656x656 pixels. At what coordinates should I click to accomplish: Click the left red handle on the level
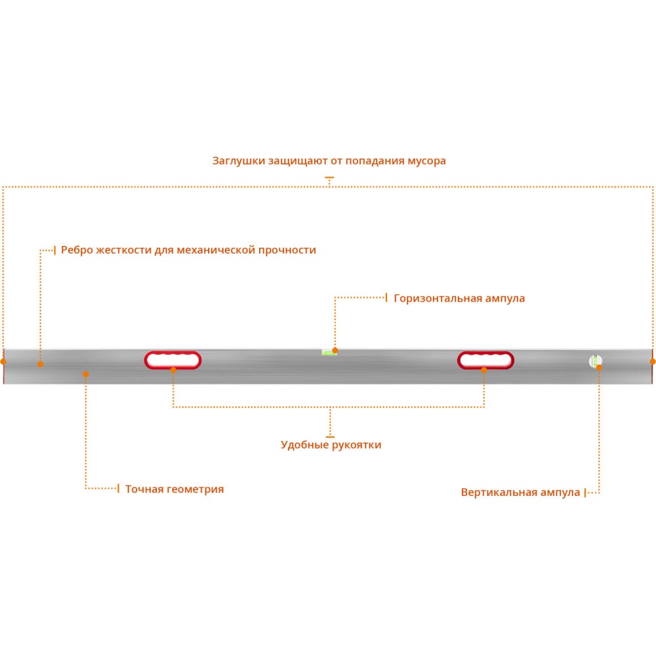click(x=173, y=354)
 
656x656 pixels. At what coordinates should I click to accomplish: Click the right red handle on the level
click(x=485, y=354)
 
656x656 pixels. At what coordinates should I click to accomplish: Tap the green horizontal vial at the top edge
click(x=329, y=353)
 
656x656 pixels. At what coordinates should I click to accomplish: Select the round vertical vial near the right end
click(x=595, y=361)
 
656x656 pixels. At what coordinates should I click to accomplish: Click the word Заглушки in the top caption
click(x=239, y=161)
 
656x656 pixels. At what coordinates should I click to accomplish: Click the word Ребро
click(x=77, y=250)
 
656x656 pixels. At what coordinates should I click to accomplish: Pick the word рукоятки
click(x=357, y=445)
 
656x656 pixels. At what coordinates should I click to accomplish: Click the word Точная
click(x=144, y=489)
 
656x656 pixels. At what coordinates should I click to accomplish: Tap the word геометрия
click(x=195, y=489)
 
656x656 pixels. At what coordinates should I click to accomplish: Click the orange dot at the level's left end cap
click(x=3, y=361)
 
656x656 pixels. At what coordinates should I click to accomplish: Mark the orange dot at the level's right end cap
click(x=653, y=361)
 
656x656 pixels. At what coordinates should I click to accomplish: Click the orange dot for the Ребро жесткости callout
click(x=40, y=364)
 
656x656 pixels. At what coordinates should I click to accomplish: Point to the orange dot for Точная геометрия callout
click(x=86, y=374)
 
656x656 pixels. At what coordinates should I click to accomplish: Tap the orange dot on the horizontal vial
click(x=335, y=350)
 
